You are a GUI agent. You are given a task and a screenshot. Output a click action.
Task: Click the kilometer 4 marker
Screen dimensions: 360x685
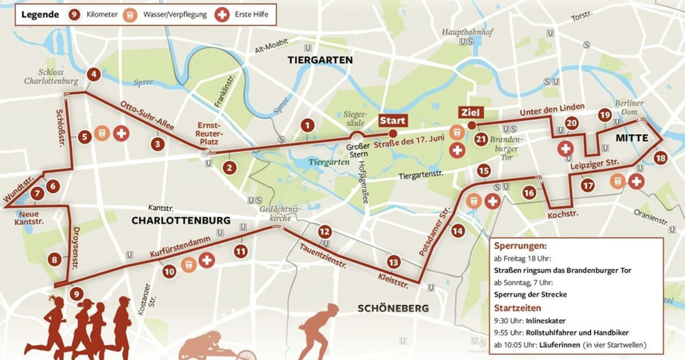point(93,75)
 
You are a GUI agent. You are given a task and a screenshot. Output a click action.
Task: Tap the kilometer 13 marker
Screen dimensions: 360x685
point(393,262)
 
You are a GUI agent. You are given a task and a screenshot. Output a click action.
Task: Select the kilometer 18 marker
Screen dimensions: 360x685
point(661,158)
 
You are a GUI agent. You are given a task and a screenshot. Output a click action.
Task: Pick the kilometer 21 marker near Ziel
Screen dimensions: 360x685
point(481,140)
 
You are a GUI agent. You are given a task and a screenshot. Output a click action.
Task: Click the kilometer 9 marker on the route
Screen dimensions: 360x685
point(75,294)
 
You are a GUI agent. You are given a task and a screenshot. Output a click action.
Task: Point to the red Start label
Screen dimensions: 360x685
point(392,120)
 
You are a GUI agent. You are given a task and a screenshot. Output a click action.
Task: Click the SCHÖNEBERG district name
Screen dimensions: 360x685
point(393,308)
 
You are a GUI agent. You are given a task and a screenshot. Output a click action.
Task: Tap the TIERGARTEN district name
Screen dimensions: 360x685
point(320,60)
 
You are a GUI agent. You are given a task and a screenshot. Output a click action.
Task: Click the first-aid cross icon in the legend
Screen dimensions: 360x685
point(222,14)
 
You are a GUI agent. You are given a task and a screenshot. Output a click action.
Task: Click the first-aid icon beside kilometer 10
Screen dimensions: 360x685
point(206,260)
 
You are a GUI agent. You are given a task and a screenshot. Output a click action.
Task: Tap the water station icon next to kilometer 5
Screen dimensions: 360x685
point(102,133)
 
